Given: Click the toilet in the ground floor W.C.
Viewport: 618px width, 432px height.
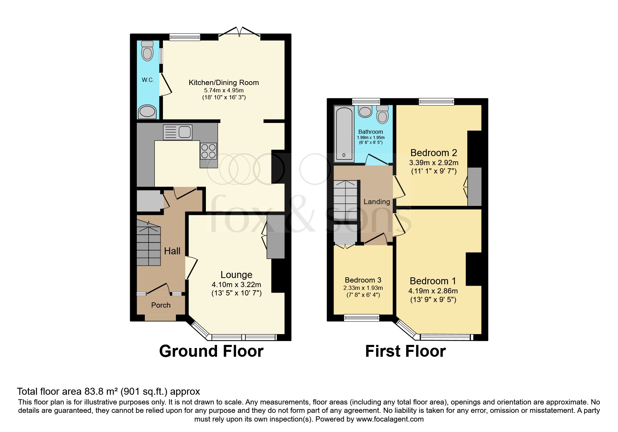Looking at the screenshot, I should (x=148, y=51).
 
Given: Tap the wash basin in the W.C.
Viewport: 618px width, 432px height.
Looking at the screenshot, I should (x=147, y=112).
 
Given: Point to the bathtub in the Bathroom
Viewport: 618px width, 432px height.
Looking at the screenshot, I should (x=344, y=134).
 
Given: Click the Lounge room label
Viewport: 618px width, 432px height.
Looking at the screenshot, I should (x=236, y=275).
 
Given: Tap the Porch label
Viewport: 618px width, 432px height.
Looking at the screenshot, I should (x=161, y=305).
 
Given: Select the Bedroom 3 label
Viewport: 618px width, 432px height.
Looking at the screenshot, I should (x=363, y=280).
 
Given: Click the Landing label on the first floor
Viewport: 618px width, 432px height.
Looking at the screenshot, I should (x=377, y=202).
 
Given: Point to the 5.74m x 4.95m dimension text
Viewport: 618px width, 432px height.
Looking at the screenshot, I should (x=224, y=90).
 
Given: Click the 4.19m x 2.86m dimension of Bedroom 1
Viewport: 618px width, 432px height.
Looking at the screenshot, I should (x=433, y=291).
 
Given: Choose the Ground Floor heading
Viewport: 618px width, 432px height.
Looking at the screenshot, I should (x=211, y=351).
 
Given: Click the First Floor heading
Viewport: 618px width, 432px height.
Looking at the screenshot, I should (x=405, y=351).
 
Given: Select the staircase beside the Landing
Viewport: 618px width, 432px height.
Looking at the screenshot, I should (x=345, y=200).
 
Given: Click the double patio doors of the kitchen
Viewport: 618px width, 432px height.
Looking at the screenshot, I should (x=239, y=33).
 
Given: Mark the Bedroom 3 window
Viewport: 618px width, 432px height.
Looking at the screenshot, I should (x=361, y=317).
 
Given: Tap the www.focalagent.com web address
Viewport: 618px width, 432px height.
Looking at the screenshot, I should (x=390, y=419).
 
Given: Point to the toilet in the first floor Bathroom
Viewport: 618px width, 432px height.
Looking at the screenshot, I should (x=382, y=115).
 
